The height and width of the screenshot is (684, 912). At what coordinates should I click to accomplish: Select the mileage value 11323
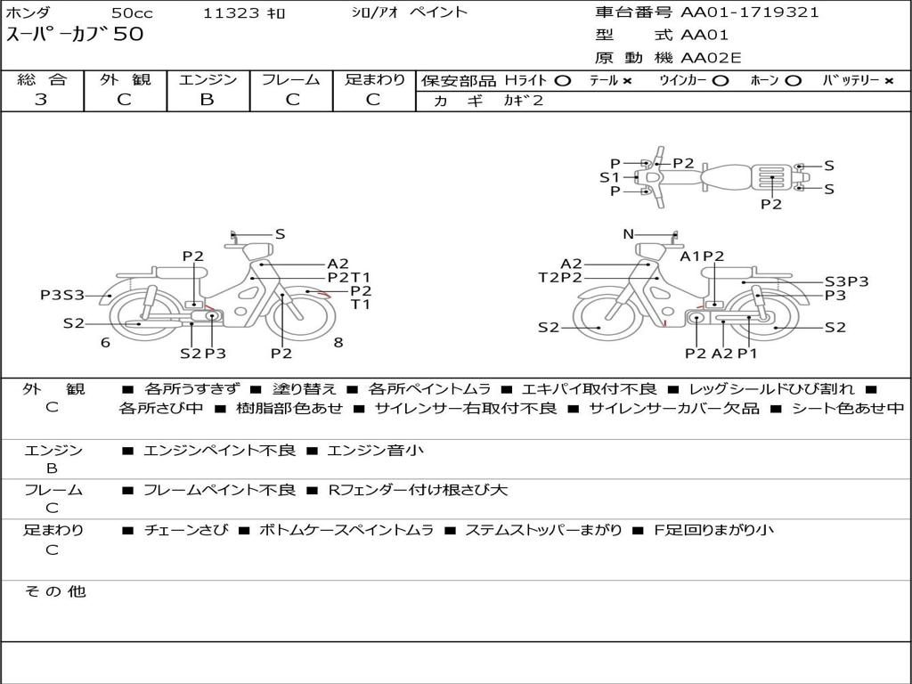coord(232,13)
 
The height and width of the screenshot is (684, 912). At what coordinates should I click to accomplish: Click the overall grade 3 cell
coord(41,100)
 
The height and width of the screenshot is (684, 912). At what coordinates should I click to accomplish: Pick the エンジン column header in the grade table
coord(208,79)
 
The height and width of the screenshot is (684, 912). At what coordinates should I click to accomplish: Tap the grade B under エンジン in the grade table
coord(207,100)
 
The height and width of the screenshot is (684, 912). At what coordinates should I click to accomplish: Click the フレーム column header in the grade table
coord(290,79)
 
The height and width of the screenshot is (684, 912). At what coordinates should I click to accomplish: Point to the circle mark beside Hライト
coord(562,80)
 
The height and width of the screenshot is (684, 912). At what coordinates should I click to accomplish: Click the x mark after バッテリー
coord(889,80)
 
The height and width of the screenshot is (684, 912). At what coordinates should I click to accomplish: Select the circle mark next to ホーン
coord(794,80)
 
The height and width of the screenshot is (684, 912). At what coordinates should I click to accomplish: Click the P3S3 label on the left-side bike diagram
coord(62,295)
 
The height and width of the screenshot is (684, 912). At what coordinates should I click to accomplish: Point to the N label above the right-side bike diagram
coord(628,234)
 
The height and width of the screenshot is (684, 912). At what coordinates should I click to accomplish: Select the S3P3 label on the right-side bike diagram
coord(846,281)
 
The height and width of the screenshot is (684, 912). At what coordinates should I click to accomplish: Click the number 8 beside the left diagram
coord(338,342)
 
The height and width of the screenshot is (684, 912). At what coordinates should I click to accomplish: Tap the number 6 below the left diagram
coord(105,342)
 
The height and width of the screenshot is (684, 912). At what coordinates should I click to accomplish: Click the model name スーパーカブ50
coord(75,36)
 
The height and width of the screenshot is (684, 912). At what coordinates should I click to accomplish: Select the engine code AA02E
coord(711,58)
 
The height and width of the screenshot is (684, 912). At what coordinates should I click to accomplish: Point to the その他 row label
coord(53,591)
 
